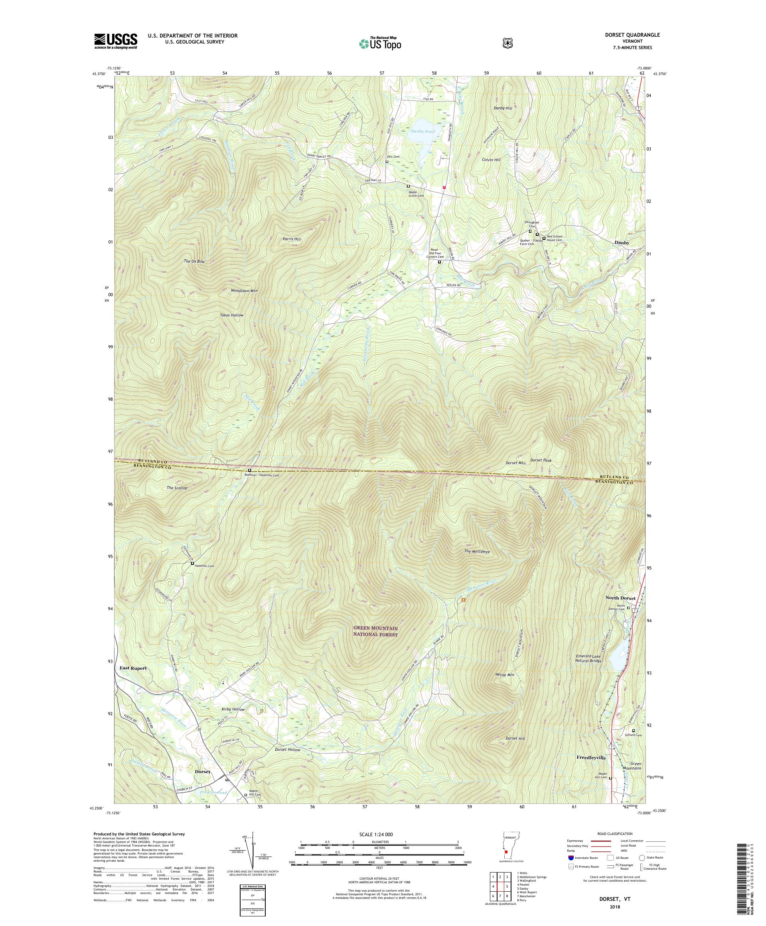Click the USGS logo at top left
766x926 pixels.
pos(115,42)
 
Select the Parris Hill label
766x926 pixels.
pos(292,239)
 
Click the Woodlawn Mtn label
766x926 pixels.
pos(244,291)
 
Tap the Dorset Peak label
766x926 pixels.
pos(541,460)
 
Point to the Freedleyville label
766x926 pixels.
pos(591,757)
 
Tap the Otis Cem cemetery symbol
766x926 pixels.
pos(387,162)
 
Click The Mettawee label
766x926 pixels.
pos(477,551)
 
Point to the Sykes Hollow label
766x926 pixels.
pos(232,315)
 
